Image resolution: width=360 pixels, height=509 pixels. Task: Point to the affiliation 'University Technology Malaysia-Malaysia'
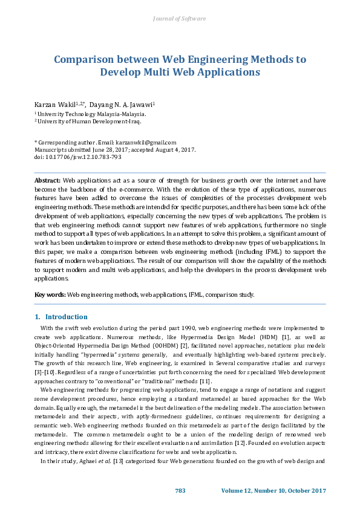(x=91, y=113)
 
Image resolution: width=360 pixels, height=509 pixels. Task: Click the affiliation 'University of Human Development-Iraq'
(x=88, y=121)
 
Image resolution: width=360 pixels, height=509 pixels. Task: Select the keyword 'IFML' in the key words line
(x=195, y=294)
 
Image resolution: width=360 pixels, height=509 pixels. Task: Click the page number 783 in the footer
(x=180, y=490)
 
